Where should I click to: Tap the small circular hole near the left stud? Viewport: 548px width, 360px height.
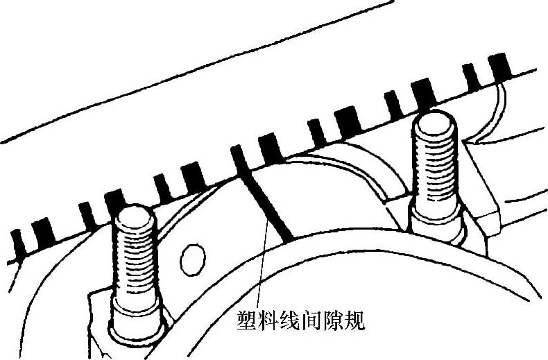(192, 260)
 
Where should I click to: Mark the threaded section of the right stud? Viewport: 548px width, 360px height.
(435, 170)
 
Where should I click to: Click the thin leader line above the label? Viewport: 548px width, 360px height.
(260, 271)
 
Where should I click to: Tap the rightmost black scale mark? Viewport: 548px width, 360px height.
(499, 67)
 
